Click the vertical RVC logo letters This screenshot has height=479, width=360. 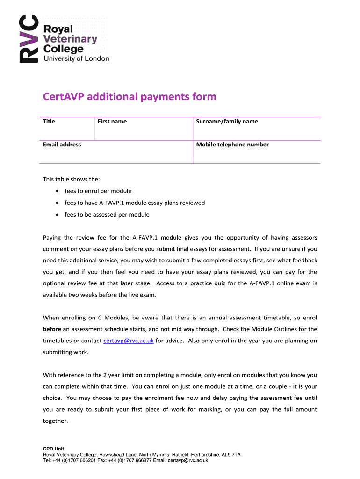27,39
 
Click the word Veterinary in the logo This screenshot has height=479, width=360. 70,39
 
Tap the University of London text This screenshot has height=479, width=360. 76,58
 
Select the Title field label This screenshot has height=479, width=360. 49,122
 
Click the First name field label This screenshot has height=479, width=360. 112,122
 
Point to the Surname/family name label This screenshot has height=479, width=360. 227,122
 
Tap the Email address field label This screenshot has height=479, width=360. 62,145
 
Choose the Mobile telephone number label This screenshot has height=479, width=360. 232,145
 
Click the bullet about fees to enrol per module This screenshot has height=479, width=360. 98,191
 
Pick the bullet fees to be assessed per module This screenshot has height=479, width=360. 107,215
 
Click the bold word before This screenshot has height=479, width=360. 52,329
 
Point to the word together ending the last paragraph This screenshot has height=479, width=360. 55,421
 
